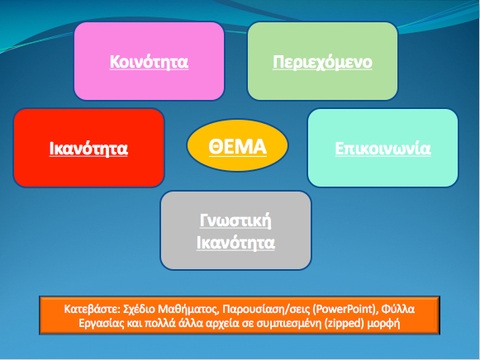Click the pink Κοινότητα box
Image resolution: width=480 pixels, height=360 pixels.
point(149,61)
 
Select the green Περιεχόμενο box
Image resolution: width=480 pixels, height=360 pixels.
point(322,61)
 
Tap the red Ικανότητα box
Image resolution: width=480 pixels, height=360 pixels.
point(88,148)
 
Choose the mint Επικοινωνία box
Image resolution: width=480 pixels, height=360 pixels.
point(383,148)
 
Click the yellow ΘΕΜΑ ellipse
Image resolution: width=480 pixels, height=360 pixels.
point(237,145)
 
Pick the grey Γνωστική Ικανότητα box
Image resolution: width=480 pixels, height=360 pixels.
point(235,230)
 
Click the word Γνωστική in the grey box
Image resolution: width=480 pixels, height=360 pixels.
point(235,220)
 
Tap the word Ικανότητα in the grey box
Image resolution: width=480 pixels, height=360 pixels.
point(235,243)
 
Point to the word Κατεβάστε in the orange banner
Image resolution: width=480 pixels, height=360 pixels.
point(92,310)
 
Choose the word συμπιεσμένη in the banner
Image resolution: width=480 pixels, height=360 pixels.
point(289,324)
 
